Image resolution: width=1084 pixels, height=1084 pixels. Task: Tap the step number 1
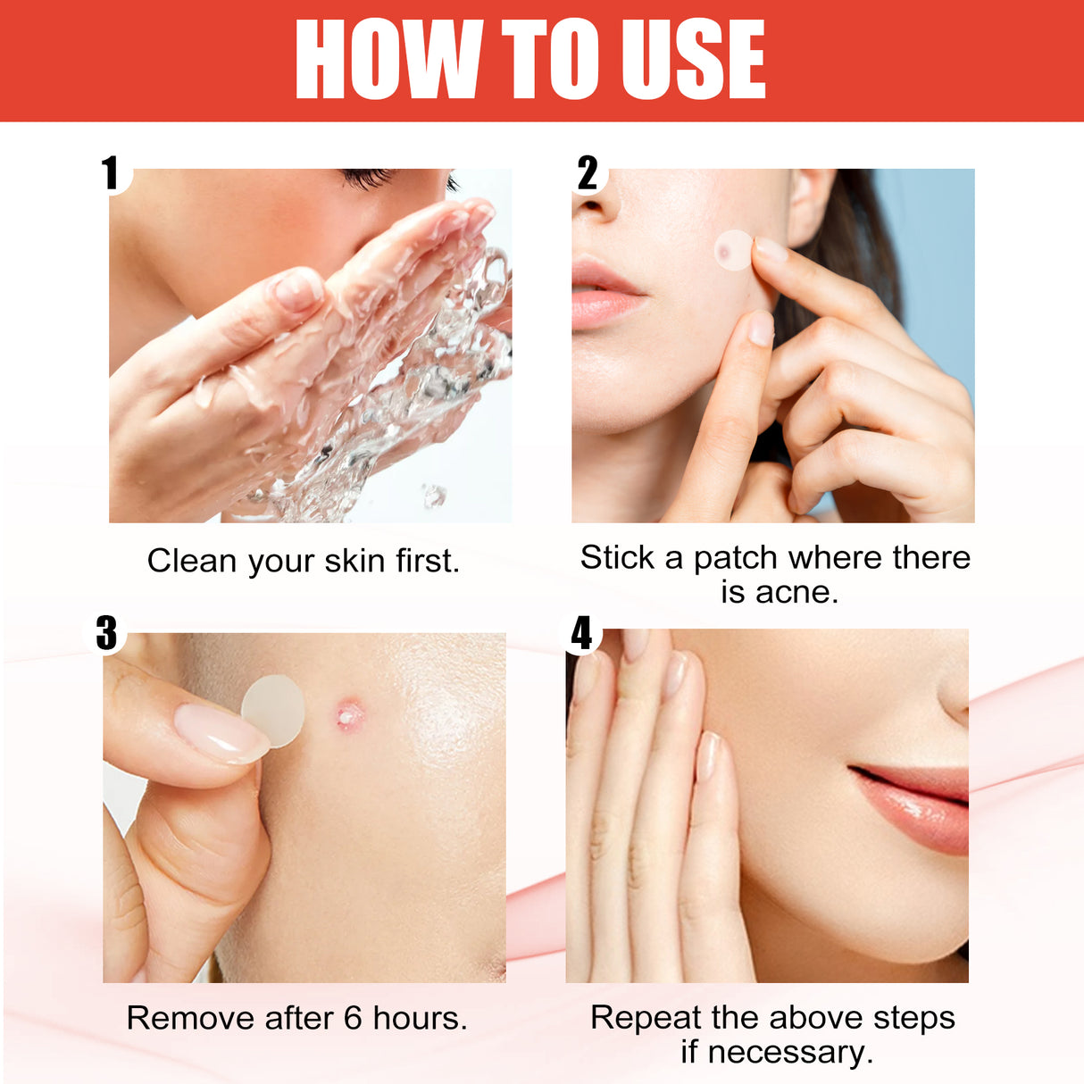tap(110, 173)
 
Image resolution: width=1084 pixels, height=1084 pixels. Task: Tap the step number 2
tap(587, 173)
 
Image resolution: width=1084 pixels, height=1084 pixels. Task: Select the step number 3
tap(106, 633)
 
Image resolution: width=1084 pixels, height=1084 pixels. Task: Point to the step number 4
tap(581, 633)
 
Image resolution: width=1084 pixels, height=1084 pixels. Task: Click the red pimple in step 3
tap(348, 713)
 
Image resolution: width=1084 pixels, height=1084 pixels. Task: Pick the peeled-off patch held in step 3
tap(274, 710)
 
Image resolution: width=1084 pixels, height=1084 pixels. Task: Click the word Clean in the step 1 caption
tap(192, 561)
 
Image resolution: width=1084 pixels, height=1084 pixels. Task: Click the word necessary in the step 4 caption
tap(789, 1052)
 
